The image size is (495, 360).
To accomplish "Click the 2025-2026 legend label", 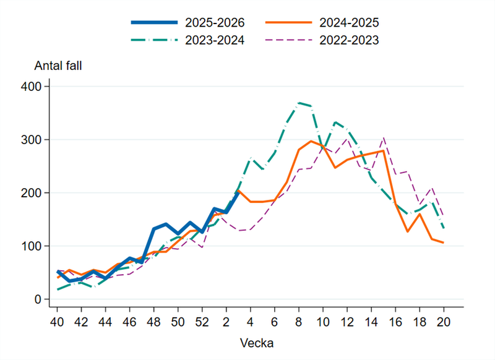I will (x=215, y=23).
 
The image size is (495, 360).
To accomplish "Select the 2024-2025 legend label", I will (x=348, y=23).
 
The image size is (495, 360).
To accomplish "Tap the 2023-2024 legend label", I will (x=215, y=40).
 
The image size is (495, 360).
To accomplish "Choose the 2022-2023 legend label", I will (x=348, y=40).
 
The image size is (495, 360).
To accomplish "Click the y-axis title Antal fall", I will (x=57, y=66).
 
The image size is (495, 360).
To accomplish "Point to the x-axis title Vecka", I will (x=251, y=341).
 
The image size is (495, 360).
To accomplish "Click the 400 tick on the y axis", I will (x=32, y=87).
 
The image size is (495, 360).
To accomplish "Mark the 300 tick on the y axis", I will (x=32, y=140).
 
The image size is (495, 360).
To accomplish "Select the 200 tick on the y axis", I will (x=32, y=193).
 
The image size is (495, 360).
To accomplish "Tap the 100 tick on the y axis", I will (x=32, y=246).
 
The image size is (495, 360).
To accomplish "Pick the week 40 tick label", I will (x=57, y=322).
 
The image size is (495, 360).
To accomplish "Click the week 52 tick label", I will (x=202, y=322).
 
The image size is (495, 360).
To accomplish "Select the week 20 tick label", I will (x=444, y=322).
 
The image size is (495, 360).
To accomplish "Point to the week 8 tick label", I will (x=299, y=322).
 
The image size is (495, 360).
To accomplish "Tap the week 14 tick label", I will (x=371, y=322).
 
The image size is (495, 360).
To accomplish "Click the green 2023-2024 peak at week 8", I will (x=299, y=103).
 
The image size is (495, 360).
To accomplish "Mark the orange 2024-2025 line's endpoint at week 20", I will (x=444, y=242).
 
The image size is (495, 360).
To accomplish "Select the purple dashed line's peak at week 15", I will (x=384, y=138).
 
